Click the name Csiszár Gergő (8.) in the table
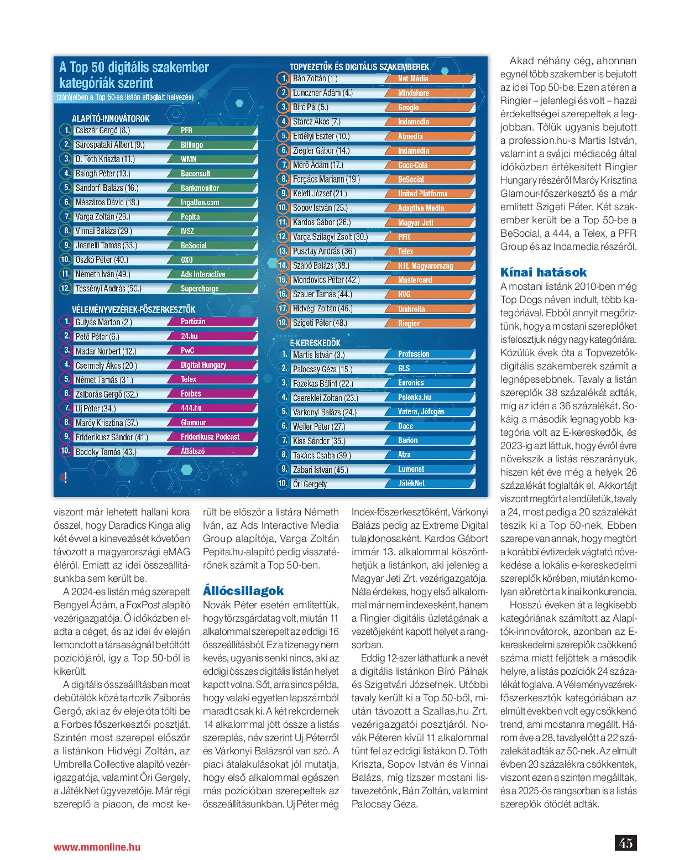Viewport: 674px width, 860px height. pyautogui.click(x=103, y=131)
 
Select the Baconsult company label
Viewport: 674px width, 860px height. pyautogui.click(x=196, y=174)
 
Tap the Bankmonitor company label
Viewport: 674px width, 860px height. pyautogui.click(x=200, y=188)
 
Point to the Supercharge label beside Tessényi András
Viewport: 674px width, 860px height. pyautogui.click(x=200, y=289)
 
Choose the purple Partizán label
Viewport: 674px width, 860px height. pyautogui.click(x=193, y=321)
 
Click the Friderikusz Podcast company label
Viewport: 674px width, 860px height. pyautogui.click(x=210, y=437)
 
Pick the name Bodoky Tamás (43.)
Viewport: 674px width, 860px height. pyautogui.click(x=106, y=452)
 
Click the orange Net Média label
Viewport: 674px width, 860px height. pyautogui.click(x=413, y=79)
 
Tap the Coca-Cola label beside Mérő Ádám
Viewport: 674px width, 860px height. pyautogui.click(x=413, y=165)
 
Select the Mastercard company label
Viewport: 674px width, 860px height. pyautogui.click(x=415, y=280)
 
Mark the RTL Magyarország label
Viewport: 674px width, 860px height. pyautogui.click(x=425, y=266)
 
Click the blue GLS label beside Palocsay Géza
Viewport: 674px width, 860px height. pyautogui.click(x=404, y=368)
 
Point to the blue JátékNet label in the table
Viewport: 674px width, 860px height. pyautogui.click(x=411, y=483)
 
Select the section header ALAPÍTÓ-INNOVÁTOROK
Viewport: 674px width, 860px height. pyautogui.click(x=111, y=118)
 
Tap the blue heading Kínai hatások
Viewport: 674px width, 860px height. pyautogui.click(x=544, y=272)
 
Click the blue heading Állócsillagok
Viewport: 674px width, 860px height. pyautogui.click(x=243, y=591)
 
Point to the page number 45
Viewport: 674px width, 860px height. pyautogui.click(x=626, y=843)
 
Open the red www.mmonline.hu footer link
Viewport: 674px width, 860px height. pyautogui.click(x=97, y=847)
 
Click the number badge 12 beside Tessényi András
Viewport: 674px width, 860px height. pyautogui.click(x=65, y=288)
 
